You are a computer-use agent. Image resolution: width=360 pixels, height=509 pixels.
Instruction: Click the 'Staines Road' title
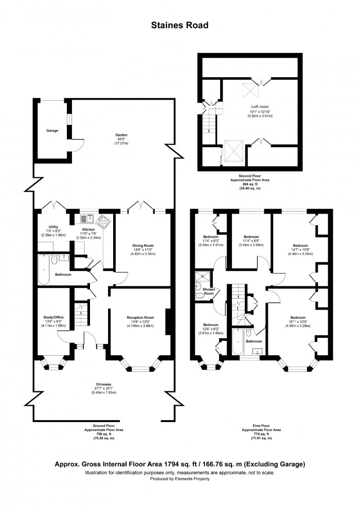pyautogui.click(x=179, y=24)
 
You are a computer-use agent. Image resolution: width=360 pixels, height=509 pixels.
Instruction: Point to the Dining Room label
pyautogui.click(x=140, y=246)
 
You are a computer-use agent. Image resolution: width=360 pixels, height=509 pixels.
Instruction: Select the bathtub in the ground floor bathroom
pyautogui.click(x=44, y=270)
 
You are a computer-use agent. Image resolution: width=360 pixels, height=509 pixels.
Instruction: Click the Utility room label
pyautogui.click(x=53, y=227)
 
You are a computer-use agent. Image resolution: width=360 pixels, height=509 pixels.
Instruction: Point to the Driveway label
pyautogui.click(x=103, y=384)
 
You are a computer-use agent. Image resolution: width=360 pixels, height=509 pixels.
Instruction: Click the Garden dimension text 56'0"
pyautogui.click(x=121, y=139)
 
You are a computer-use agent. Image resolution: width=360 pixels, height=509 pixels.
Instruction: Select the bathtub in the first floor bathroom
pyautogui.click(x=239, y=341)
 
